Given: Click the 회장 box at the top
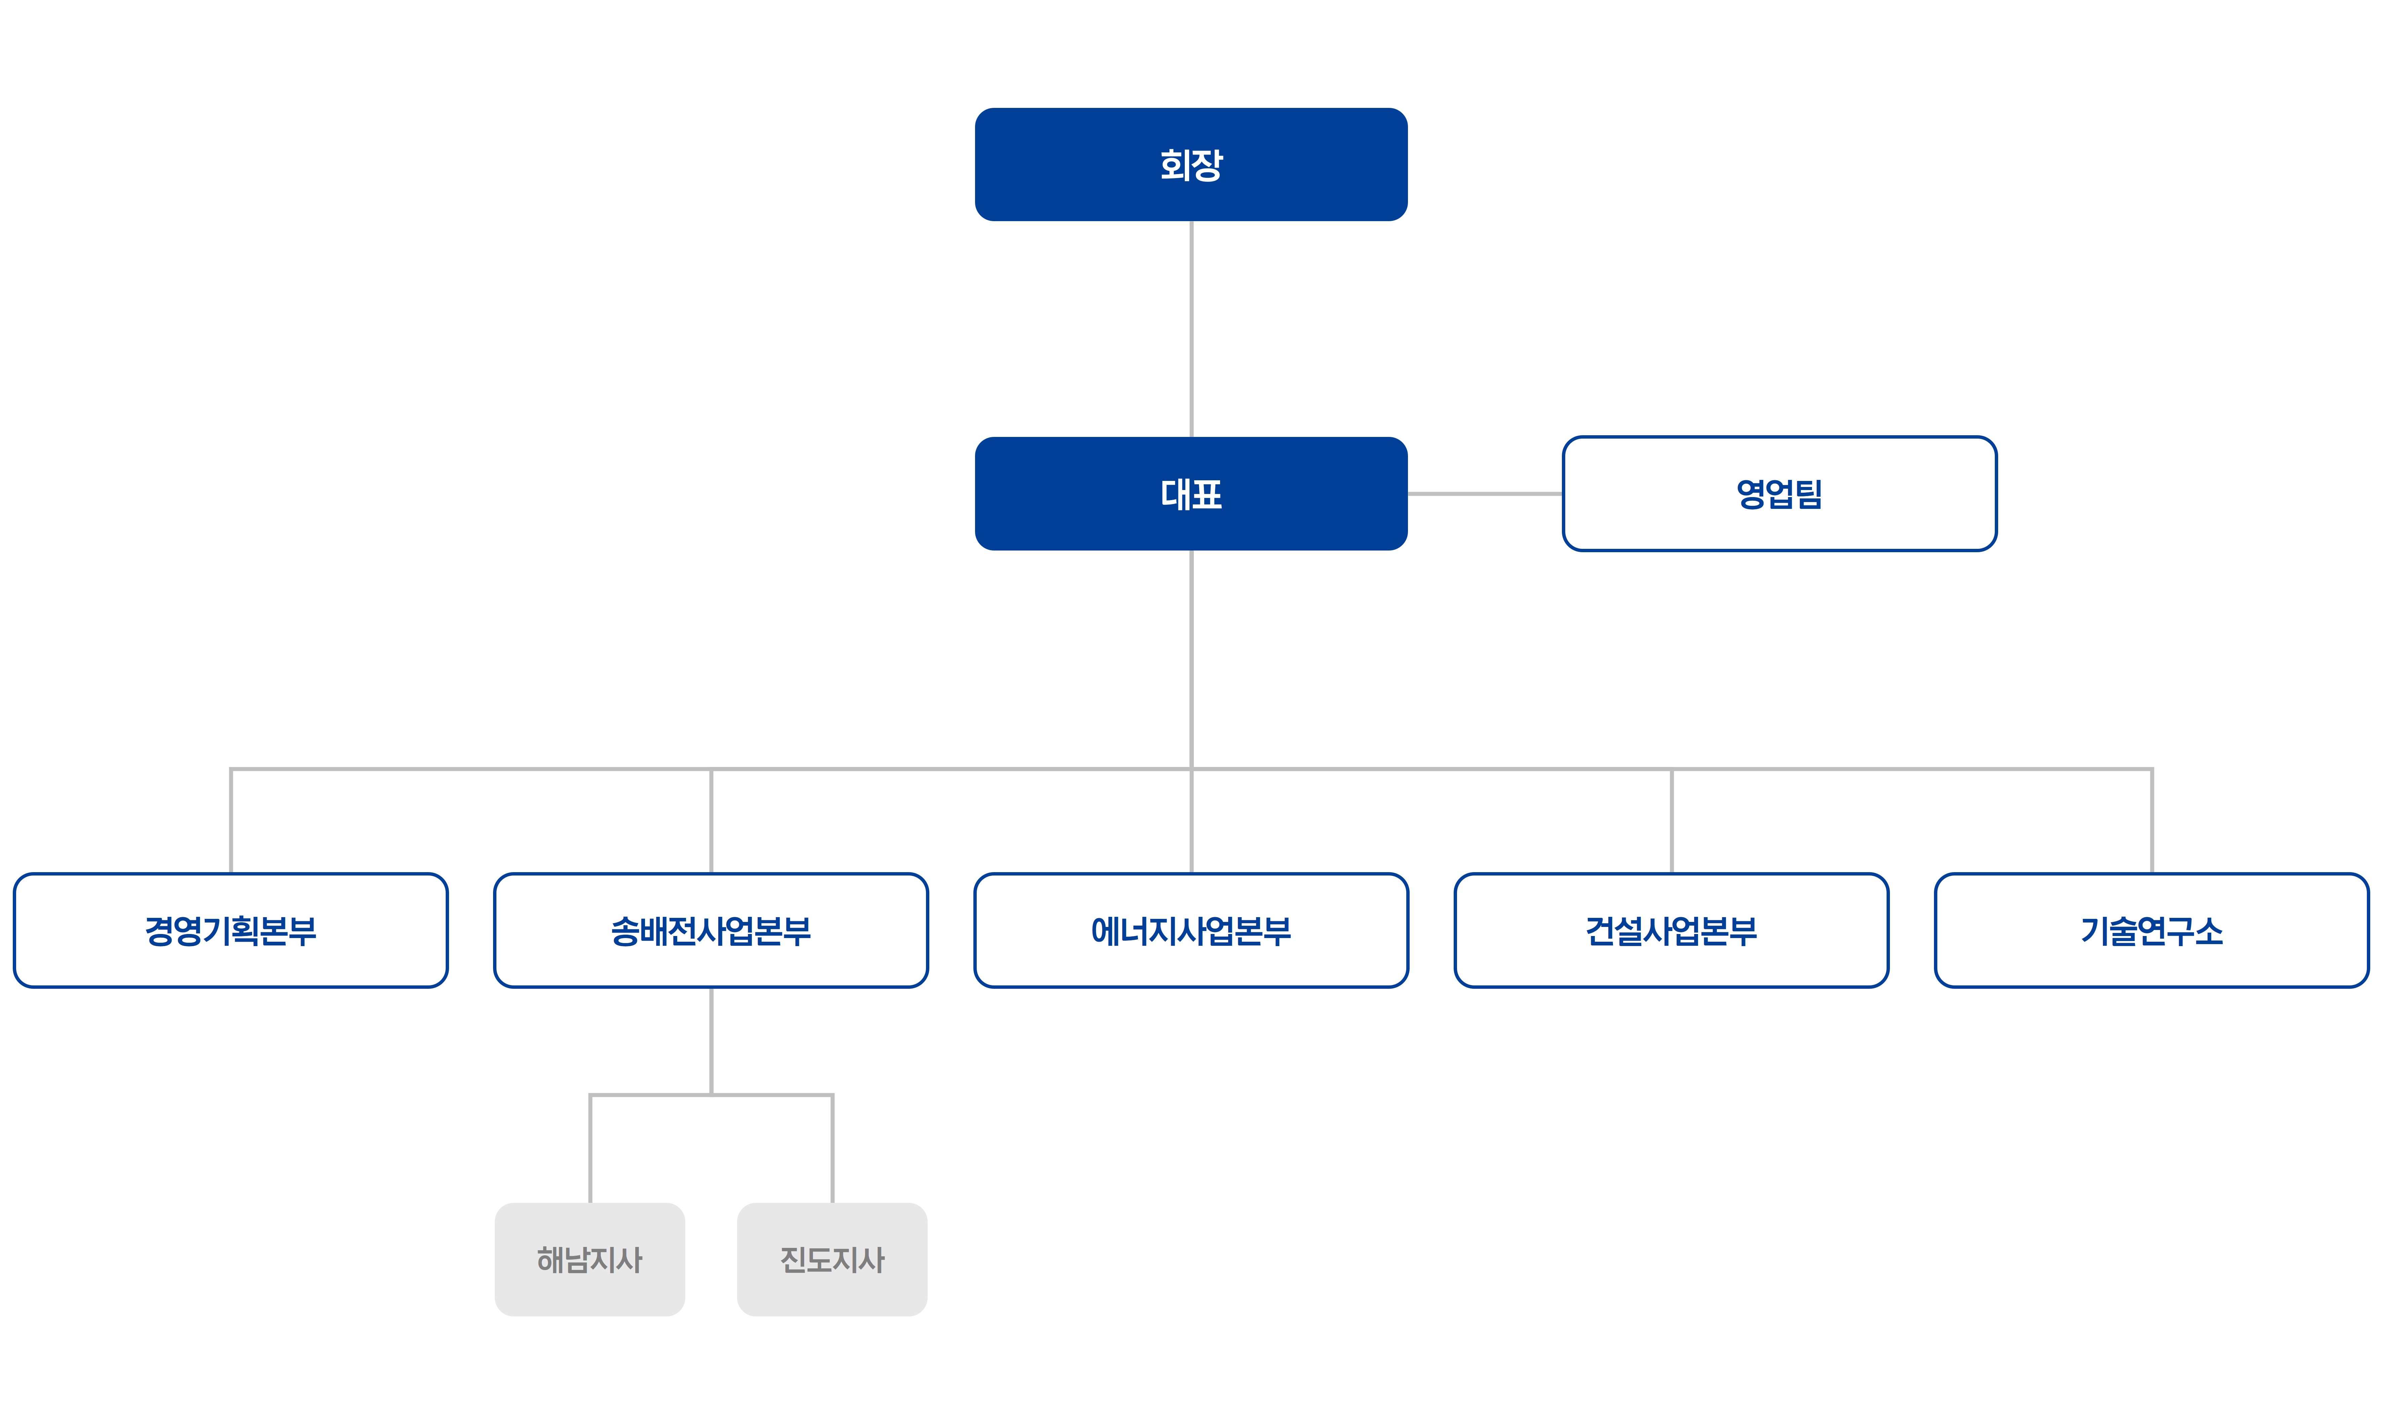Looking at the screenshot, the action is click(x=1190, y=164).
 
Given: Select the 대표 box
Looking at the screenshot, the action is click(x=1190, y=493).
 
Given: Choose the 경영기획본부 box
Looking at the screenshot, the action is click(x=230, y=930).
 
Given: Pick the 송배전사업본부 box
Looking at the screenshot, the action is click(x=711, y=930).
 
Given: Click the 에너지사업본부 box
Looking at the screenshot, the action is click(x=1190, y=930).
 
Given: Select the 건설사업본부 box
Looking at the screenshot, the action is click(x=1671, y=930).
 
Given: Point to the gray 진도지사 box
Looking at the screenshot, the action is click(x=832, y=1259).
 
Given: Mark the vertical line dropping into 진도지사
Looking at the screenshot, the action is click(x=832, y=1149).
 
